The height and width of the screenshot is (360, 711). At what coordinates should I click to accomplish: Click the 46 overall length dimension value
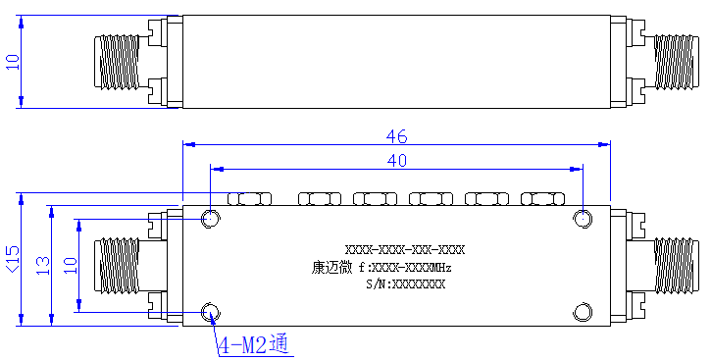click(397, 136)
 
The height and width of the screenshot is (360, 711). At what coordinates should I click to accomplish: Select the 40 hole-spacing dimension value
click(397, 161)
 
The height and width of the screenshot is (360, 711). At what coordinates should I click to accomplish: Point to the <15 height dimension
click(13, 259)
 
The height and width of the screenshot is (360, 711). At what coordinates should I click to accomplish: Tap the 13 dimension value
click(43, 266)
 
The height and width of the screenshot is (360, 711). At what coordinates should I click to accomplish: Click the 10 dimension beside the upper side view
click(13, 62)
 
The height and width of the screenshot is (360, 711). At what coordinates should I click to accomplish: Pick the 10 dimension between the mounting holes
click(71, 265)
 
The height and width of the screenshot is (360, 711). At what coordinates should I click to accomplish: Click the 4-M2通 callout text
click(253, 345)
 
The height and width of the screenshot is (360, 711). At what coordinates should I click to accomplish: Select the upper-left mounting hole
click(211, 219)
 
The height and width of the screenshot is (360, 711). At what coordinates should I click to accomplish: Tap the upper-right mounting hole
click(583, 219)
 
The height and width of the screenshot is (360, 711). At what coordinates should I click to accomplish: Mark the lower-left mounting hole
click(211, 312)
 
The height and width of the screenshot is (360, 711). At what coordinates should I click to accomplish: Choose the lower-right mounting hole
click(583, 312)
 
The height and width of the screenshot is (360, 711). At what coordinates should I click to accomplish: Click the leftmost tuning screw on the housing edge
click(249, 198)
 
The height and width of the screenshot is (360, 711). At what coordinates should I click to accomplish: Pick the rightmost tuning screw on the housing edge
click(542, 198)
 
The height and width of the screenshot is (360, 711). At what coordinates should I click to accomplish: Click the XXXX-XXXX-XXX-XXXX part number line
click(405, 250)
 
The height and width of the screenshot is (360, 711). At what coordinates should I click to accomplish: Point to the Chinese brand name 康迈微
click(331, 268)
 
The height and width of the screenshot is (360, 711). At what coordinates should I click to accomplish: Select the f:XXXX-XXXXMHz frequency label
click(405, 268)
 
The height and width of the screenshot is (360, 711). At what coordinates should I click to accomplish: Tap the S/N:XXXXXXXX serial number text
click(405, 284)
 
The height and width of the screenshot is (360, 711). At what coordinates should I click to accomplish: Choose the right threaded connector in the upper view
click(674, 62)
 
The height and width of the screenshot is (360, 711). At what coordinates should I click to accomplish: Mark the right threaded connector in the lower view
click(674, 266)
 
